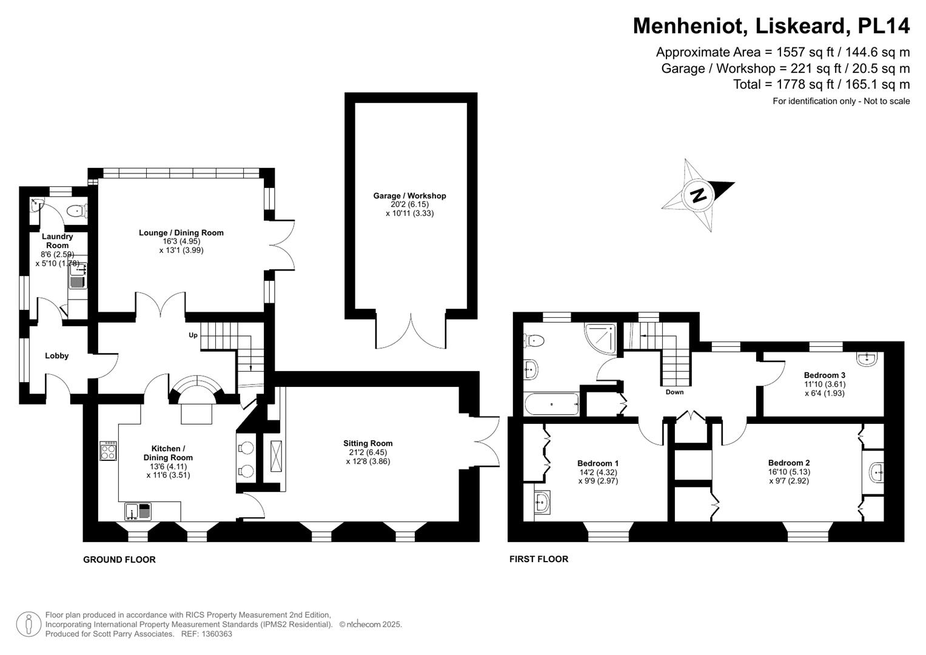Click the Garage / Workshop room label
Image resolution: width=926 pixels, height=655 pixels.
[x=409, y=196]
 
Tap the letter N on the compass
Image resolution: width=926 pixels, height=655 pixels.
[x=699, y=195]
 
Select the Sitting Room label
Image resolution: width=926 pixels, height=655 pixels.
[x=367, y=443]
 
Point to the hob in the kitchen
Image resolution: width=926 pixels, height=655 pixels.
[x=109, y=451]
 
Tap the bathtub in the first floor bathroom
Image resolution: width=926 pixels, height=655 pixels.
[x=551, y=404]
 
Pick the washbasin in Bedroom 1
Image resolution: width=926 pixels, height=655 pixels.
[x=542, y=502]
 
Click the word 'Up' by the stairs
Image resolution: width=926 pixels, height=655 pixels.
[x=193, y=335]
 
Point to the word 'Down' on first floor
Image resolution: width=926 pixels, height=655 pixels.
[x=674, y=392]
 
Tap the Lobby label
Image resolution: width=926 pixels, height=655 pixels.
[x=56, y=356]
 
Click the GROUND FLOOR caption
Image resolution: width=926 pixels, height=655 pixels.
[x=119, y=560]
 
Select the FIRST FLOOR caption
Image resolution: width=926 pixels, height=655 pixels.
[x=538, y=559]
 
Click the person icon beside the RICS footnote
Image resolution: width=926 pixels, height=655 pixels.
[x=28, y=624]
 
